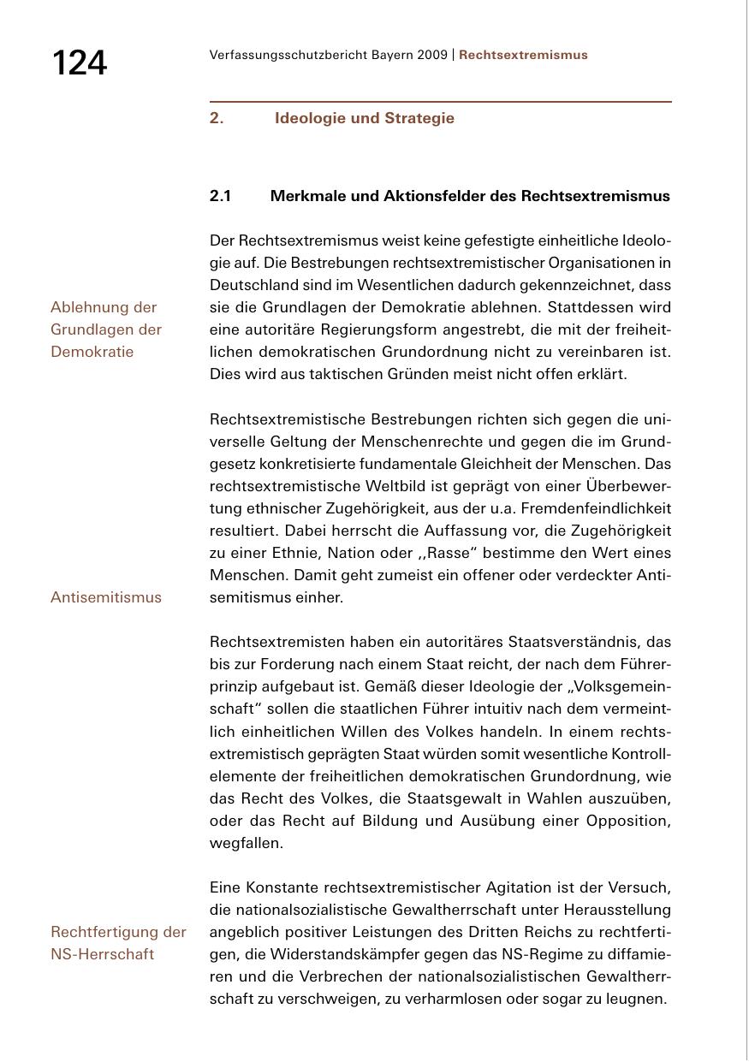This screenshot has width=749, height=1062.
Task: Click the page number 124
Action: (80, 63)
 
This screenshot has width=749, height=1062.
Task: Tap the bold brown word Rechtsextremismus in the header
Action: (523, 55)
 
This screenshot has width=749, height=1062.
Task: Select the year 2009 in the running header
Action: (431, 55)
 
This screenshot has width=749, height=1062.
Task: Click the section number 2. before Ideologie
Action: (217, 118)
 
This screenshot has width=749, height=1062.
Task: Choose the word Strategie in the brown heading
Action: (419, 118)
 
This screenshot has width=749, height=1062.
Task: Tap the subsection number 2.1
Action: (220, 196)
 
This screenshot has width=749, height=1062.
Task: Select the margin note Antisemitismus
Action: (106, 597)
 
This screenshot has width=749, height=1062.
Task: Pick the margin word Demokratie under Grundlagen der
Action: (92, 352)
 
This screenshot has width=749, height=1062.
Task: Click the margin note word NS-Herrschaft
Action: (102, 954)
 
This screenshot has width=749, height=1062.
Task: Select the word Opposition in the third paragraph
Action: (628, 821)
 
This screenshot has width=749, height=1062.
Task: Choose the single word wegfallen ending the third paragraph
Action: (246, 843)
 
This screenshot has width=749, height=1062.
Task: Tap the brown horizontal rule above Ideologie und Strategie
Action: (440, 102)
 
